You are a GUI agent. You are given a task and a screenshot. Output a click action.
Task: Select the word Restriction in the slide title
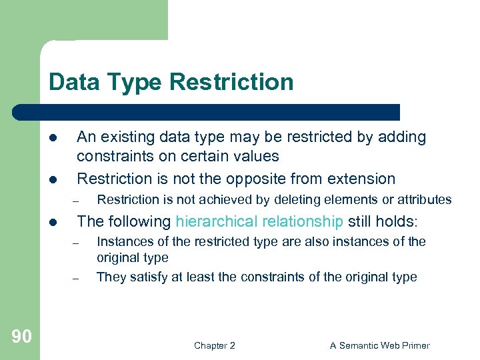pos(231,82)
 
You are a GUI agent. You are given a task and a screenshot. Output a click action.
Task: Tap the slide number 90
pos(21,337)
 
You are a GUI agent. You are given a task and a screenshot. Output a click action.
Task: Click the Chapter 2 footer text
pos(214,345)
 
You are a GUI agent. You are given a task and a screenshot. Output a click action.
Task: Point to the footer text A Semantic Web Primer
pos(380,345)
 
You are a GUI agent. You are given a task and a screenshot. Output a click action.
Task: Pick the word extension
pos(366,179)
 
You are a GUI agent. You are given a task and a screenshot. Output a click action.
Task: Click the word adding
pos(400,137)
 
